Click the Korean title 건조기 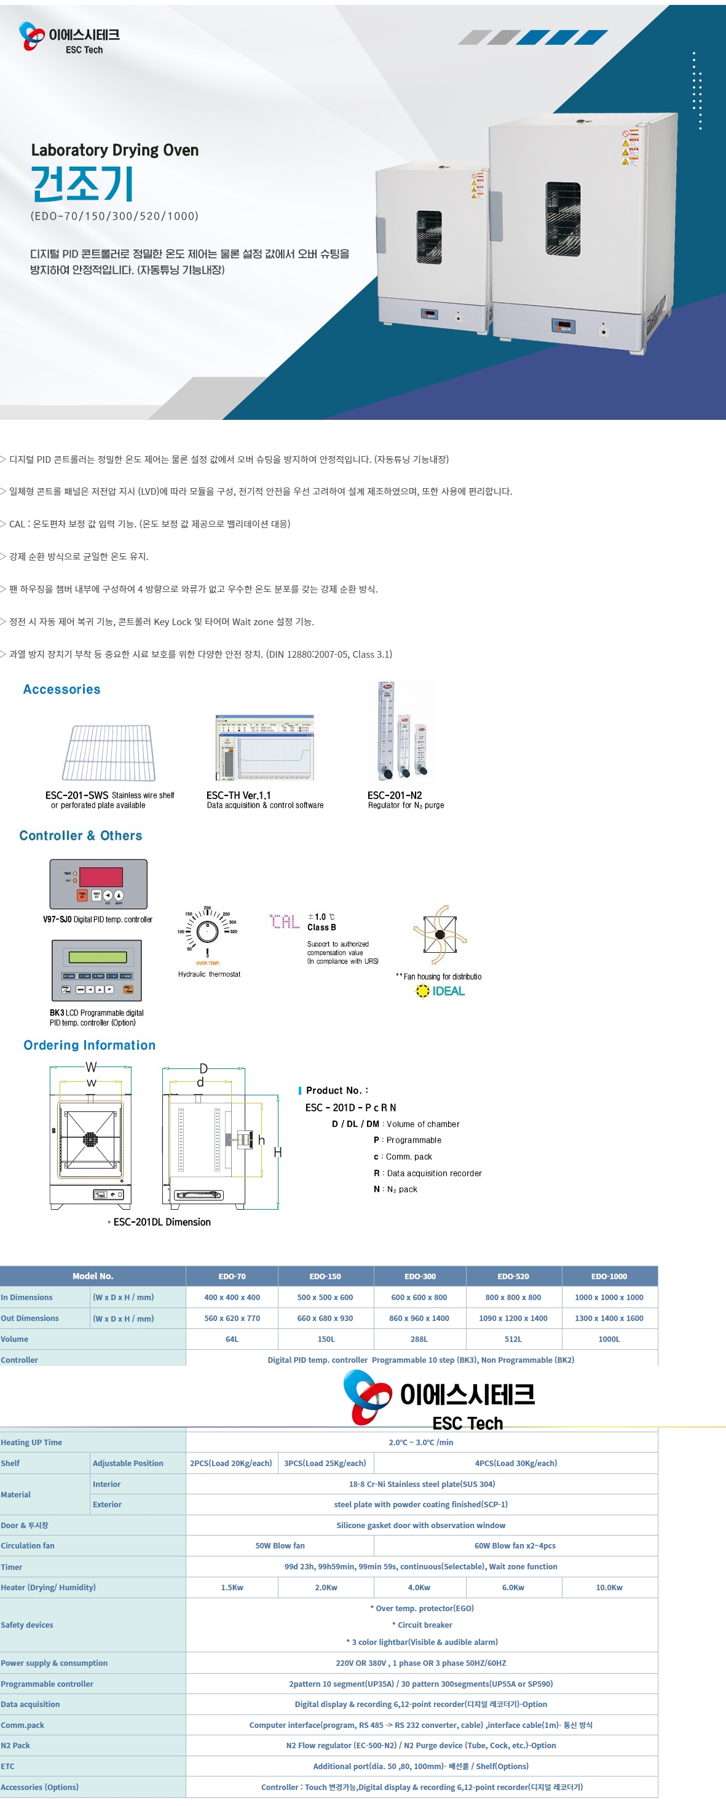tap(82, 184)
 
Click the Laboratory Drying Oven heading tap(114, 150)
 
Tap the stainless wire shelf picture tap(109, 752)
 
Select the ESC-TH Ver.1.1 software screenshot tap(264, 747)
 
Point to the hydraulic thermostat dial tap(207, 932)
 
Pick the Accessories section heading tap(61, 689)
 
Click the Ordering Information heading tap(90, 1044)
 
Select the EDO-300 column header tap(419, 1276)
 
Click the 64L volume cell tap(232, 1339)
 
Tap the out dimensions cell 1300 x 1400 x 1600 tap(609, 1318)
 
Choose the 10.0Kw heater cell tap(609, 1587)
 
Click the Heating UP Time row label tap(31, 1442)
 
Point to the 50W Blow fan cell tap(280, 1545)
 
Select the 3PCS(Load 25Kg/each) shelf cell tap(325, 1463)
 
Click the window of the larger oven tap(562, 219)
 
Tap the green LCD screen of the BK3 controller tap(98, 958)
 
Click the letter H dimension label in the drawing tap(278, 1152)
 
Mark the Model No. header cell tap(93, 1276)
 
